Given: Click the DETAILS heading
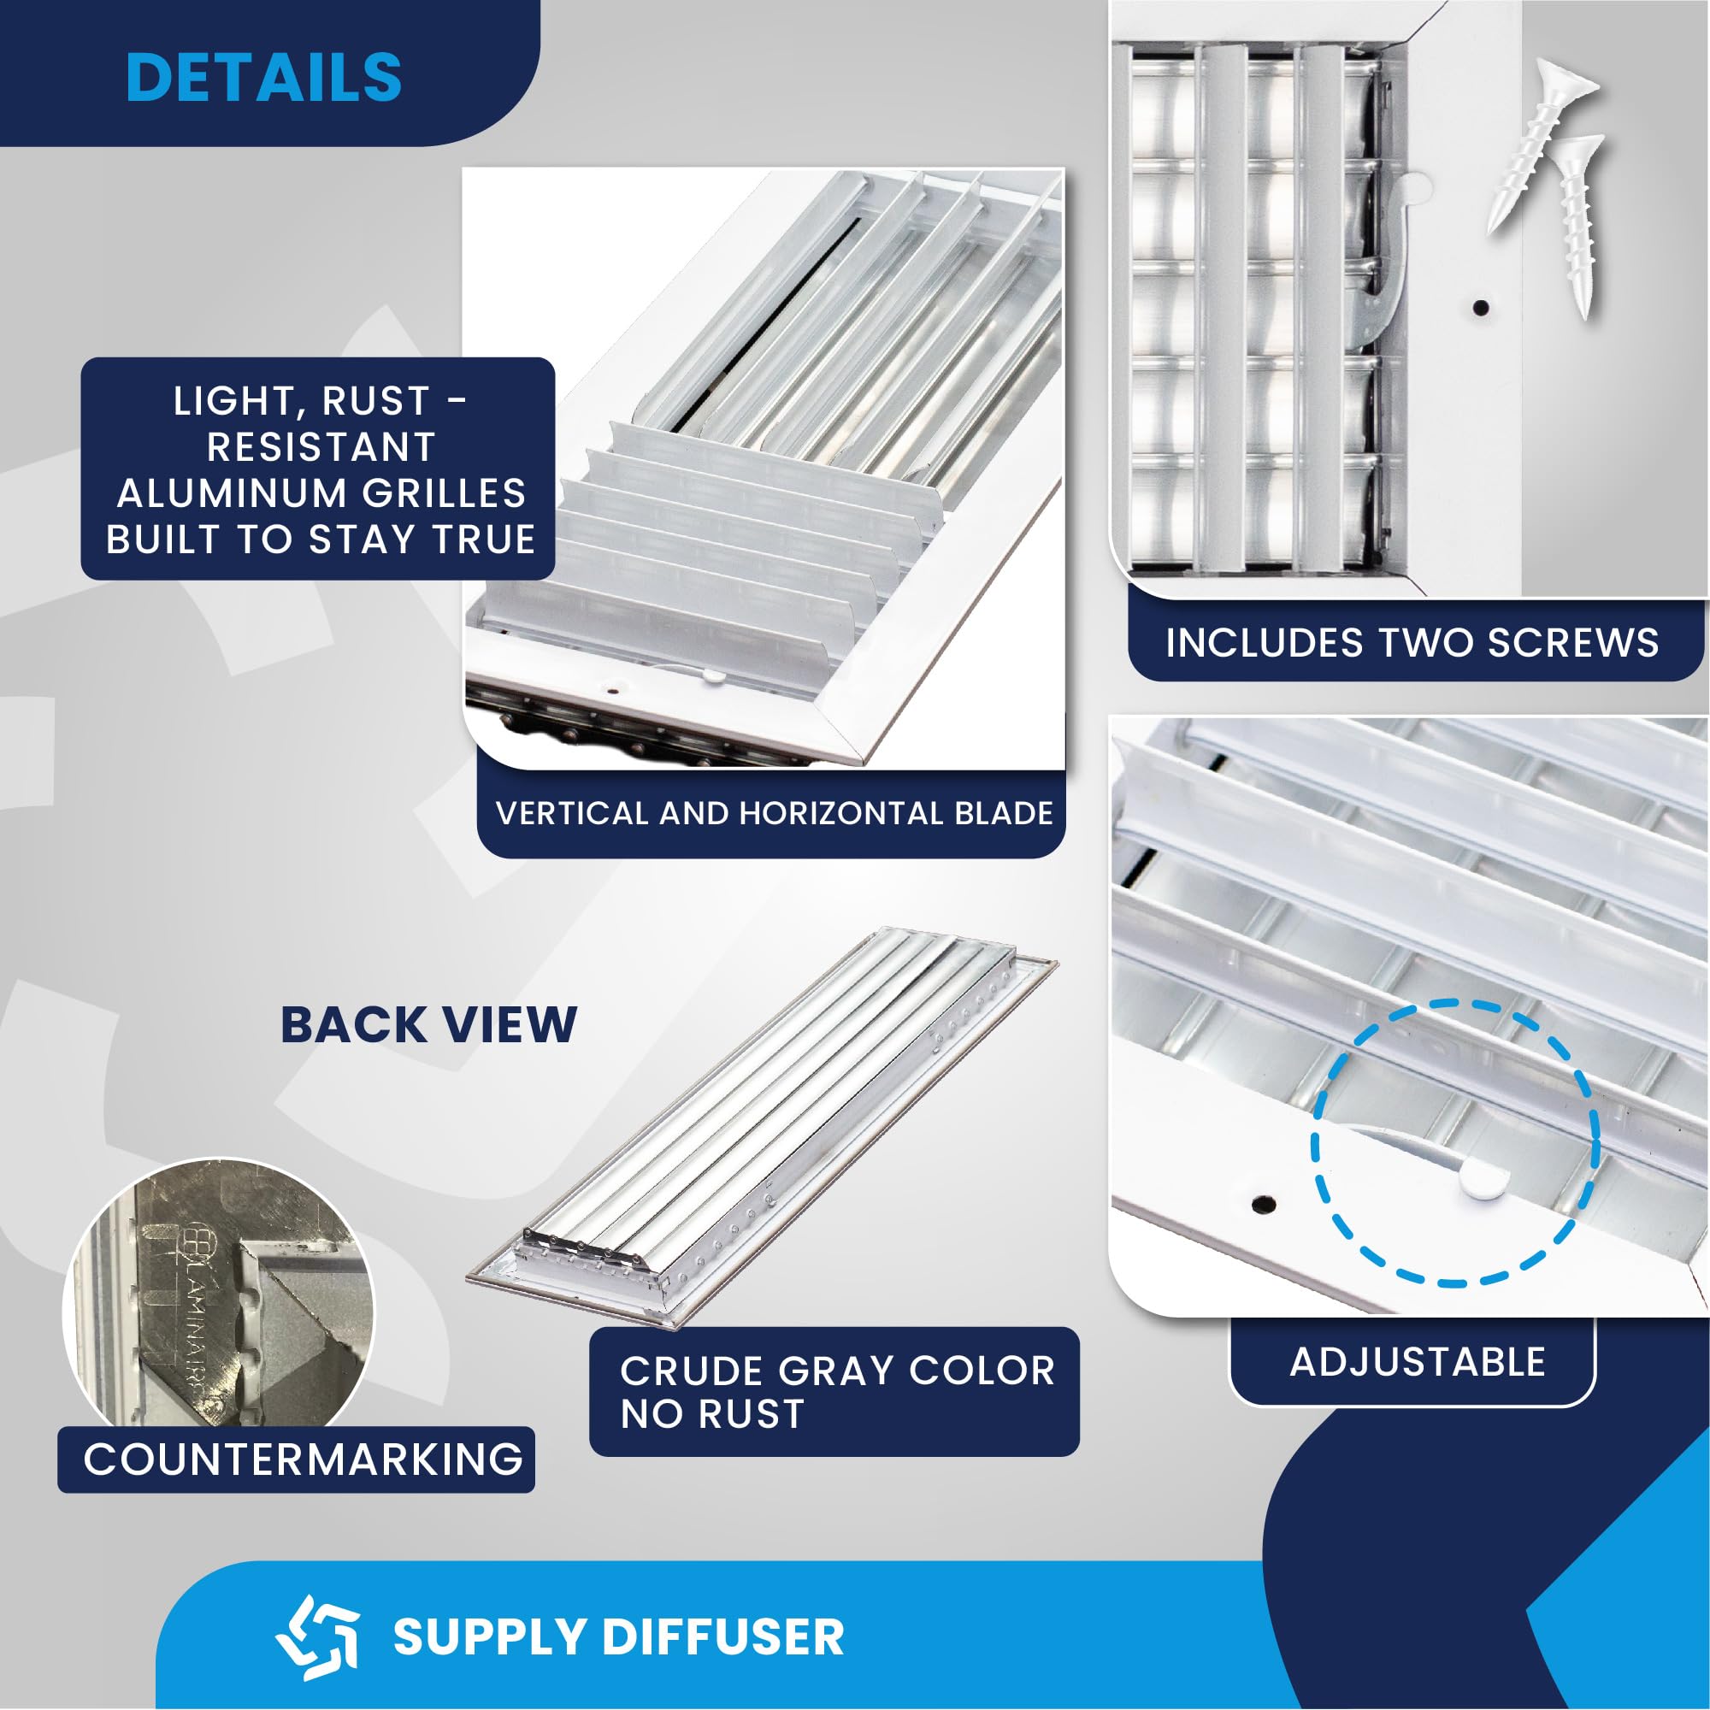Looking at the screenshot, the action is pyautogui.click(x=263, y=77).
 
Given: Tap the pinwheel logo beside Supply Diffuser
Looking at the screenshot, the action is pyautogui.click(x=317, y=1636).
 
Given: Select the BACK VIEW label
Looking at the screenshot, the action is pyautogui.click(x=428, y=1025).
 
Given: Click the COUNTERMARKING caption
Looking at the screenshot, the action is pyautogui.click(x=303, y=1459).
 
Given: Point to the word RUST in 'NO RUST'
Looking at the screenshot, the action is pyautogui.click(x=752, y=1413).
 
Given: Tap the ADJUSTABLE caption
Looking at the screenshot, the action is pyautogui.click(x=1417, y=1361).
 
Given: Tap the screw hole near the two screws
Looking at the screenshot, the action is pyautogui.click(x=1481, y=308).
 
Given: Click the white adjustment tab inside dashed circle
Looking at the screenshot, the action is pyautogui.click(x=1484, y=1179).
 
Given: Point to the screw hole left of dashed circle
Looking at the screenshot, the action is pyautogui.click(x=1264, y=1204).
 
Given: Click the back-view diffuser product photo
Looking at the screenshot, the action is pyautogui.click(x=761, y=1124).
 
